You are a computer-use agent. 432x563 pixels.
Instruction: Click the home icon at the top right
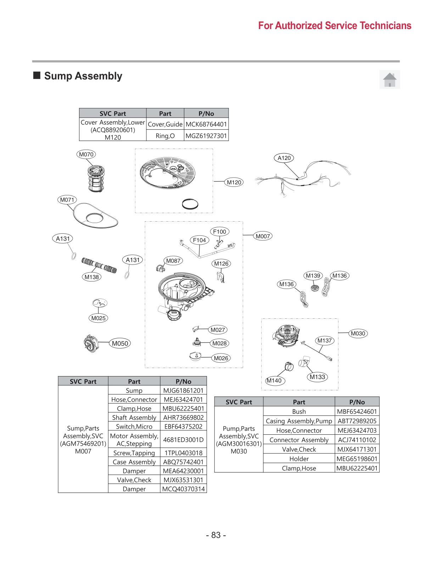pos(389,79)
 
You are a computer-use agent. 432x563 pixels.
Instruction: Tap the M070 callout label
pos(86,154)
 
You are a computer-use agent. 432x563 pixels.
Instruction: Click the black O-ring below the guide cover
pos(190,204)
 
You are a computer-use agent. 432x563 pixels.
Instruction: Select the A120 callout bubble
pos(284,158)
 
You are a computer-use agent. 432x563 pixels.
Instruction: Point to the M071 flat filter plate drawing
pos(95,216)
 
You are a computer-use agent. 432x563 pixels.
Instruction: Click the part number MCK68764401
pos(206,124)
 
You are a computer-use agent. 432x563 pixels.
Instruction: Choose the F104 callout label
pos(199,240)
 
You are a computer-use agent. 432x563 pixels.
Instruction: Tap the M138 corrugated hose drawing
pos(99,266)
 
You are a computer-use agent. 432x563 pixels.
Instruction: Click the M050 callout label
pos(120,343)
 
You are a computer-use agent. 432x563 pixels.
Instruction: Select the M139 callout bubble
pos(313,275)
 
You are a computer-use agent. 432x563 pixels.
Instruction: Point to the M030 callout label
pos(358,333)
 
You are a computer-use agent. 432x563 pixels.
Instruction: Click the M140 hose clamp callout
pos(274,380)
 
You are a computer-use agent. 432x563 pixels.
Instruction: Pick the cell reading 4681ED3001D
pos(183,440)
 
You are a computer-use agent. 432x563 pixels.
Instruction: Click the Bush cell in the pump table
pos(299,412)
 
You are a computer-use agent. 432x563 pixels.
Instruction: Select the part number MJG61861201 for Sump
pos(183,390)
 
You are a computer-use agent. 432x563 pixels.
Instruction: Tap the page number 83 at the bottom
pos(216,535)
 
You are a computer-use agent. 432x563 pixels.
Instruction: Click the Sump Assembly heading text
pos(83,76)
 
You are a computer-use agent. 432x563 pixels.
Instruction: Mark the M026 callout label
pos(221,358)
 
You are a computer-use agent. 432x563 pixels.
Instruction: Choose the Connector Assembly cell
pos(299,440)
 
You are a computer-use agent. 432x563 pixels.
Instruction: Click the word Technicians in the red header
pos(385,26)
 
